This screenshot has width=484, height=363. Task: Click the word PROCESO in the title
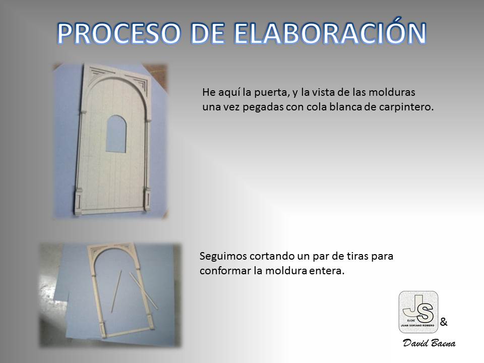[119, 33]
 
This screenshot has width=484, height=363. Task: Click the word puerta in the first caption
[270, 92]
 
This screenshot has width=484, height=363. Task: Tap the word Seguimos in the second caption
[222, 256]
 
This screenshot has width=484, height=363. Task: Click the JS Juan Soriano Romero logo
[418, 312]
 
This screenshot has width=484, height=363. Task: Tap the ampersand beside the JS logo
[444, 322]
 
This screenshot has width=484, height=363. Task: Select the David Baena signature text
[429, 343]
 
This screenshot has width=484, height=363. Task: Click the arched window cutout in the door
[116, 134]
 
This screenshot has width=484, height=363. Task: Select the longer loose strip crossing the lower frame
[144, 291]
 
